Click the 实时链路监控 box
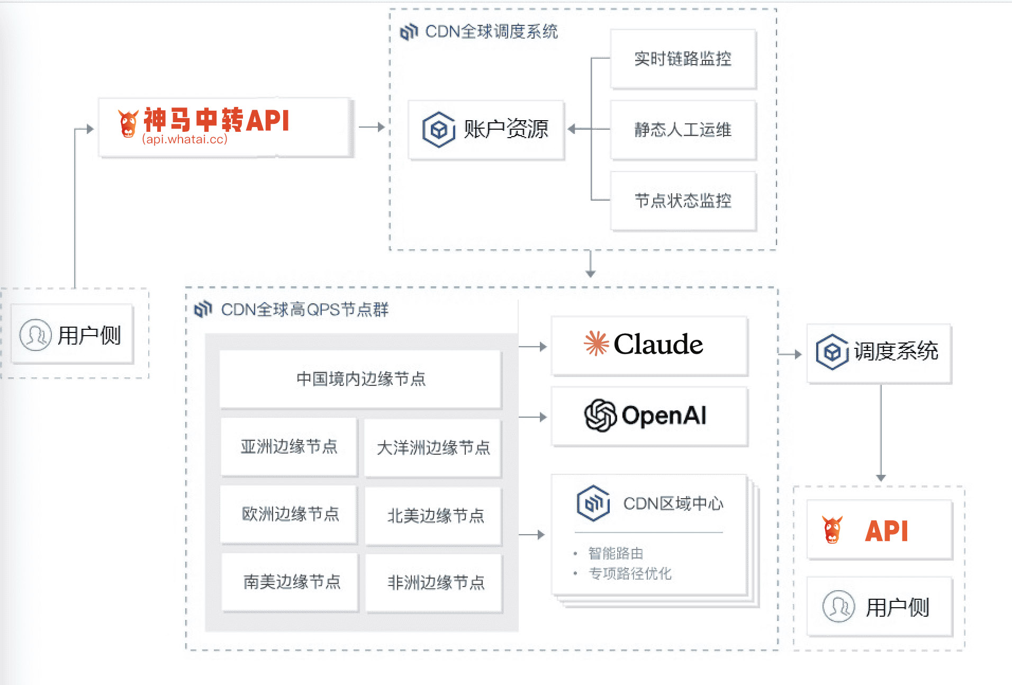point(683,59)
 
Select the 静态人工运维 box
point(683,130)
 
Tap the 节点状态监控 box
point(683,201)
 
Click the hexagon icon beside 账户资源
point(438,129)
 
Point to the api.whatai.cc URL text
point(185,139)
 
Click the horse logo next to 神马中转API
point(128,123)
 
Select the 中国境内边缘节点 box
point(360,379)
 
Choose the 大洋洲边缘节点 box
point(433,448)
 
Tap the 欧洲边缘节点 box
point(290,514)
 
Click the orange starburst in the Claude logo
point(596,344)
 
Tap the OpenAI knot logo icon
point(600,416)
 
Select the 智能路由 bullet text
point(616,554)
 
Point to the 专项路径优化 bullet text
point(630,574)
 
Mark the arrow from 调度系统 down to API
point(881,431)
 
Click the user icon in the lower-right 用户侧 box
point(838,607)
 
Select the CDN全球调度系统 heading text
point(491,32)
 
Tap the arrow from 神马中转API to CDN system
point(372,127)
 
